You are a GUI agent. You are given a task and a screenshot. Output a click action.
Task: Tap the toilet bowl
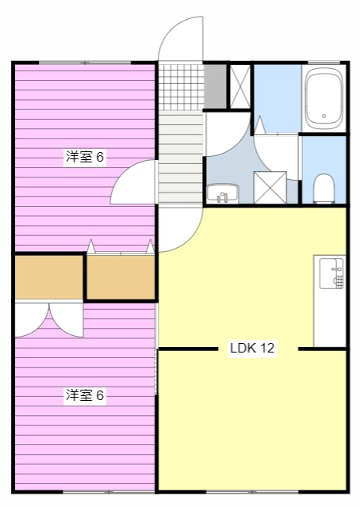324,189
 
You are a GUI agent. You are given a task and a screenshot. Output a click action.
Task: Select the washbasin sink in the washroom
223,193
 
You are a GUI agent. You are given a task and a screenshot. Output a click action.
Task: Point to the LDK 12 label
252,348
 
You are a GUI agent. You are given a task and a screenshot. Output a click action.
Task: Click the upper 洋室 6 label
84,157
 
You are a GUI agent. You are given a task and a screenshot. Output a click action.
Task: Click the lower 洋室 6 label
84,395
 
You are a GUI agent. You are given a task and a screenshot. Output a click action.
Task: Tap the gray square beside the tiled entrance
215,86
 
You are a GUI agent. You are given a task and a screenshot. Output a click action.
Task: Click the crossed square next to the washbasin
270,188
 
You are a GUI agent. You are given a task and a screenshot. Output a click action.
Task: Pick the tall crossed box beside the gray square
239,86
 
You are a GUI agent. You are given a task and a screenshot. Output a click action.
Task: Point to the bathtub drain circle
324,116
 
